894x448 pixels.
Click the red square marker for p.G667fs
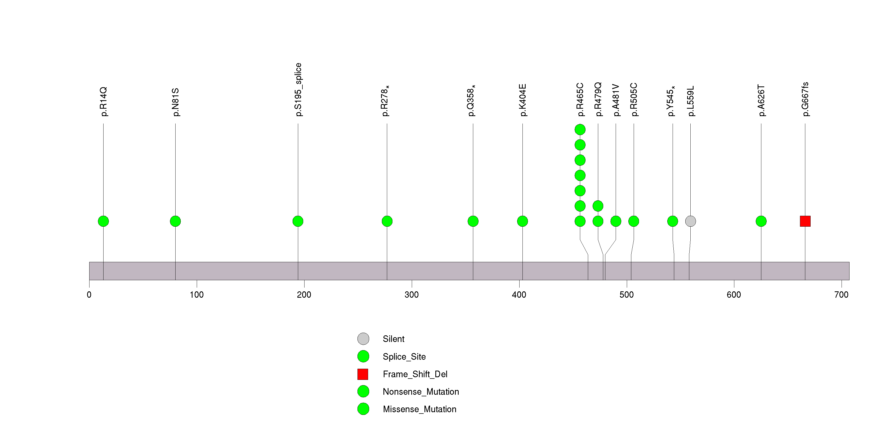(805, 221)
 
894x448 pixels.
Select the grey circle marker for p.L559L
(690, 221)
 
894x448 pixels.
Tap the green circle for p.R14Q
(104, 221)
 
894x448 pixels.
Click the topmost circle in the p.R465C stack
(580, 130)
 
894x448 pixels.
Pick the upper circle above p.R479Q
(598, 206)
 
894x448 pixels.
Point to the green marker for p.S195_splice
(298, 221)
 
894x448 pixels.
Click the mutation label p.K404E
(523, 100)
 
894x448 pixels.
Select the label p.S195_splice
(298, 90)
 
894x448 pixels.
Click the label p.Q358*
(471, 101)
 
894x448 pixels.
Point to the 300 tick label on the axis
(412, 295)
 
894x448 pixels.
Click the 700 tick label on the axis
(841, 295)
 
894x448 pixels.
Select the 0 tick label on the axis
(89, 295)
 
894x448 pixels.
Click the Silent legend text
(393, 339)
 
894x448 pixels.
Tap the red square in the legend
(363, 374)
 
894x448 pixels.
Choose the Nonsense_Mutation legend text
(421, 392)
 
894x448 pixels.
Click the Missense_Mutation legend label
(419, 409)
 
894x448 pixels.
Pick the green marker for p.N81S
(175, 221)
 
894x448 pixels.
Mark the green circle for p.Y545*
(673, 221)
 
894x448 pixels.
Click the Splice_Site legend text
(404, 357)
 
